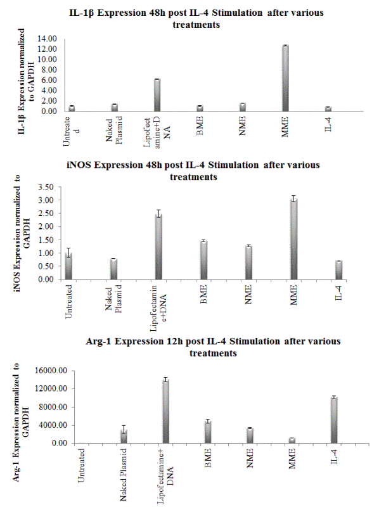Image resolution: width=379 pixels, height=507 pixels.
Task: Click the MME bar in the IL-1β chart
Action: pos(285,79)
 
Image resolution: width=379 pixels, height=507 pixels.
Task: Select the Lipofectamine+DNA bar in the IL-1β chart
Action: pos(157,96)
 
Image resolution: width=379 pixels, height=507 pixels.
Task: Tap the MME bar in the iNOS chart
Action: pos(293,240)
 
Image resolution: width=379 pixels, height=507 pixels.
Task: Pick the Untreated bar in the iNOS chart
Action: pos(68,266)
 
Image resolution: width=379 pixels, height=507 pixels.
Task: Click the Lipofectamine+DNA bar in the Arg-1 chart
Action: pos(166,411)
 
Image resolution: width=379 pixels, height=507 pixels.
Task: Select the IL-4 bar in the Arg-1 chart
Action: pos(334,420)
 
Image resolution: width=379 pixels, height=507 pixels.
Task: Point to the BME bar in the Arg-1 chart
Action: pos(208,432)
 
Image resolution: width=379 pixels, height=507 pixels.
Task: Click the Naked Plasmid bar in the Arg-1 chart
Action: pos(124,437)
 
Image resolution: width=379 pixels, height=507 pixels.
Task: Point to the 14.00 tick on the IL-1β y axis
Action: pos(47,39)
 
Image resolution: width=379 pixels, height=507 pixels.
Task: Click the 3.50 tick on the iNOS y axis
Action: pos(46,187)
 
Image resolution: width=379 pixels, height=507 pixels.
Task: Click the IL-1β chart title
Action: pos(196,18)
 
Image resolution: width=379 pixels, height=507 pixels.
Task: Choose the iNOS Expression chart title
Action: pos(193,170)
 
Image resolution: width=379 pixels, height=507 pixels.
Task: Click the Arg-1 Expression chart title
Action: pos(213,347)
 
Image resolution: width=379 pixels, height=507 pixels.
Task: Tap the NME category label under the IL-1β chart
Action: pos(242,125)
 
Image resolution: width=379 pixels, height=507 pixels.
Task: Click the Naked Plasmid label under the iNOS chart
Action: pos(113,299)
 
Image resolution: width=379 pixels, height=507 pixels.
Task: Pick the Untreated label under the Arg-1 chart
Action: pos(81,465)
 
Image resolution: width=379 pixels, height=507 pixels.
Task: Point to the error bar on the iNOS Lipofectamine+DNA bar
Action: pos(159,214)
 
